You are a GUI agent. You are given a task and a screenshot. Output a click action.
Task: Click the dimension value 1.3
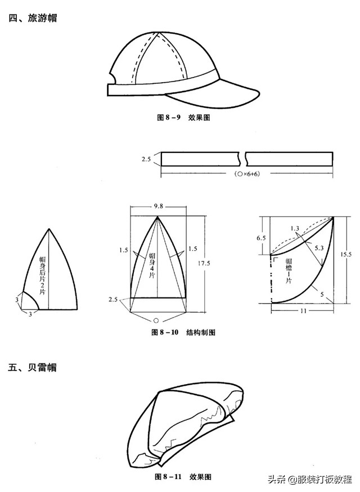[295, 228]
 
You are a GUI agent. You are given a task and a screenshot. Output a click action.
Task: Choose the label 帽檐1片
[289, 268]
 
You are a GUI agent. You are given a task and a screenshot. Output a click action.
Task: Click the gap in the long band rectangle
[246, 159]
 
